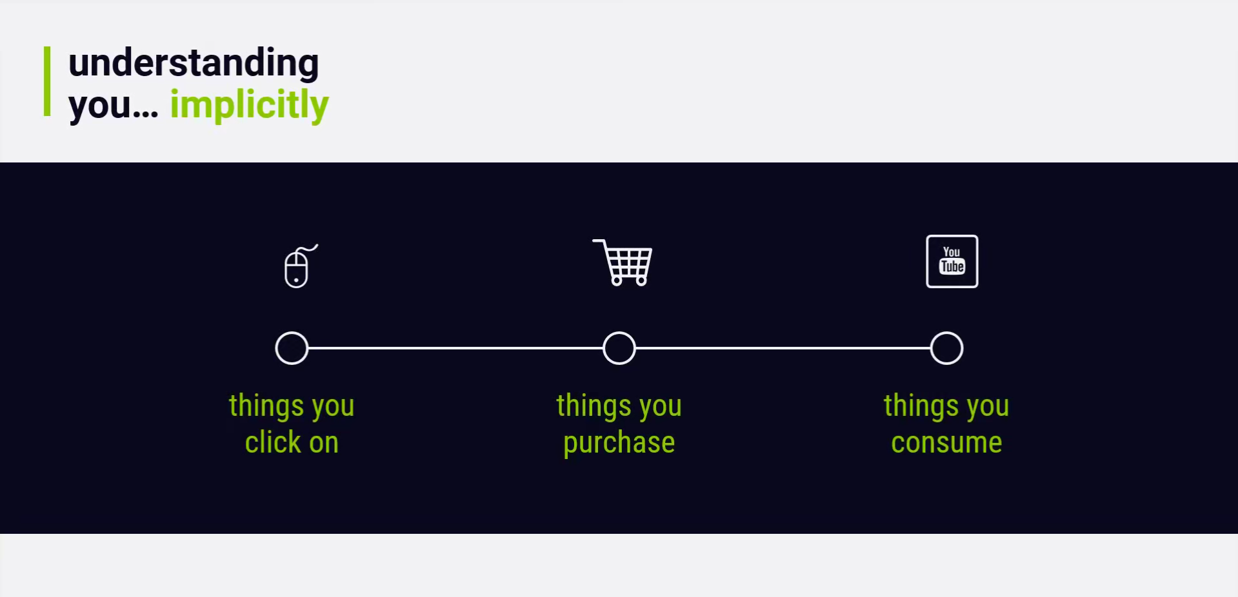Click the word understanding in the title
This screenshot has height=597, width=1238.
tap(194, 64)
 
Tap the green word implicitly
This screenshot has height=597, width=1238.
tap(249, 104)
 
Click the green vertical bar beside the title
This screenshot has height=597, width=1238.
tap(47, 81)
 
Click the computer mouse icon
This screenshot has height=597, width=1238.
tap(296, 269)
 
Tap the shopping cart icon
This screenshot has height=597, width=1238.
tap(623, 262)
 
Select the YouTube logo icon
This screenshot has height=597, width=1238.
tap(952, 261)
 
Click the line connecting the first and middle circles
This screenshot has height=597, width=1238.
tap(455, 348)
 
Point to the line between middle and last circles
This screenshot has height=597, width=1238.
tap(783, 348)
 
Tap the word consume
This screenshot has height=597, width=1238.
tap(946, 443)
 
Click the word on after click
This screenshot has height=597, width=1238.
tap(324, 444)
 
